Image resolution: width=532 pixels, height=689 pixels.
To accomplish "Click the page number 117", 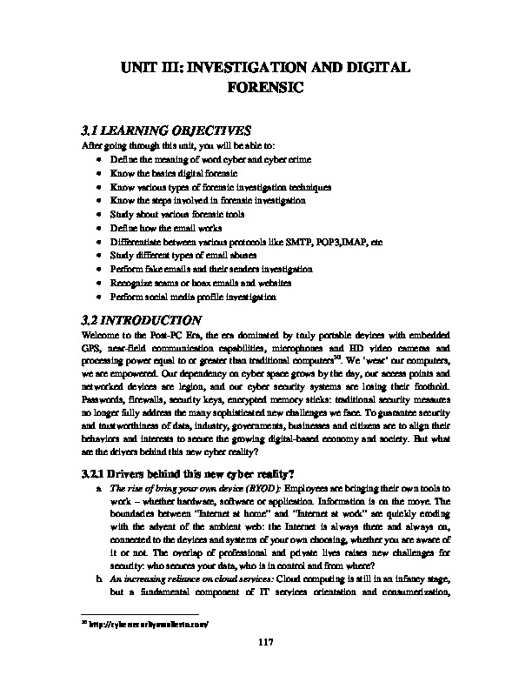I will [266, 666].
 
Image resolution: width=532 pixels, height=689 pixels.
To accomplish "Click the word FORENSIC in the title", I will [266, 87].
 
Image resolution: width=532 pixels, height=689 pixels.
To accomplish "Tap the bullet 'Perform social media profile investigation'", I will [194, 298].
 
